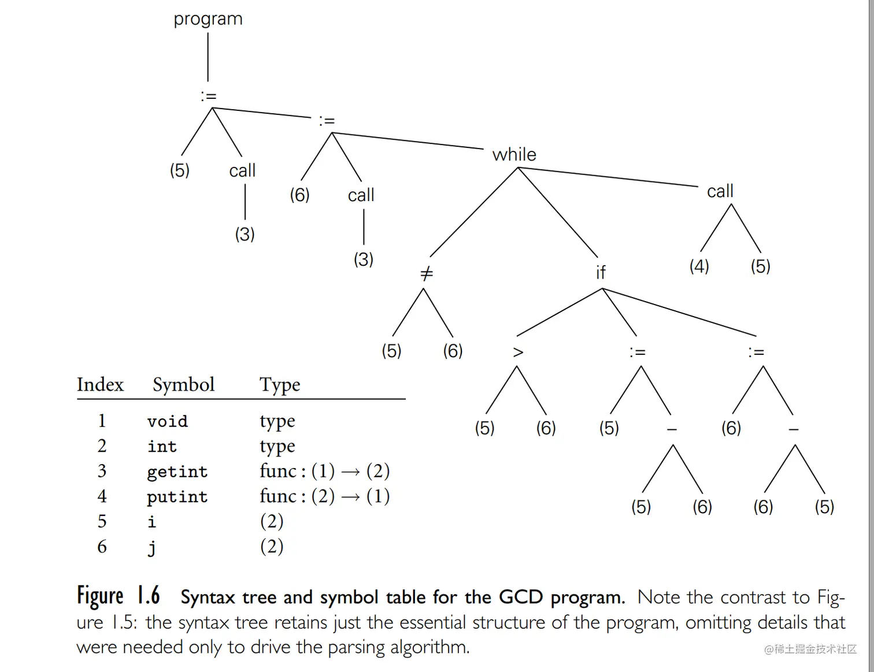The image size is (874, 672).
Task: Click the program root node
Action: (208, 19)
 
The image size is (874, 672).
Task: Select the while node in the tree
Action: (514, 154)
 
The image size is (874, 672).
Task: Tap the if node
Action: (601, 272)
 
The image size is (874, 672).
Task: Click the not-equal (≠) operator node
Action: (426, 273)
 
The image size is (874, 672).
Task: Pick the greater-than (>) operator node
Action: (518, 352)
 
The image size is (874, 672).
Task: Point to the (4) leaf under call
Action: (699, 266)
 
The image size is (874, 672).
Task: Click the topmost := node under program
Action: (209, 96)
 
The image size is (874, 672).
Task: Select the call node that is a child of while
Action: (720, 191)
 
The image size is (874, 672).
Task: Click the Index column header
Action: (100, 385)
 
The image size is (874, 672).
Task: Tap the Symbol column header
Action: (183, 385)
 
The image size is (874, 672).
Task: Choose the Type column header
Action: (280, 385)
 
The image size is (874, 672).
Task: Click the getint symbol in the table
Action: (177, 471)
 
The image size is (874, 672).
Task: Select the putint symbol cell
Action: (177, 497)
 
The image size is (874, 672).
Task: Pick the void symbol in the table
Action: (167, 421)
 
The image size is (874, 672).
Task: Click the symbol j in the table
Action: (151, 547)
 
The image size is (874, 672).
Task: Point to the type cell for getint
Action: (324, 471)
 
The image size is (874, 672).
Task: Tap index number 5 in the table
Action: (102, 522)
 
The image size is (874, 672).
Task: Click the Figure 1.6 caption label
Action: (118, 596)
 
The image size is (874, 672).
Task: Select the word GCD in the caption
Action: (521, 597)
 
